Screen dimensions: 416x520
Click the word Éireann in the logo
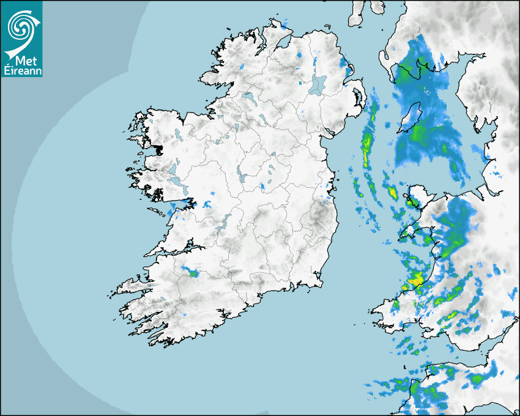[x=21, y=70]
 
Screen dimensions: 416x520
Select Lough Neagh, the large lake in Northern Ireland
[x=318, y=84]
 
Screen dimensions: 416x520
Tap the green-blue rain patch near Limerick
[x=192, y=272]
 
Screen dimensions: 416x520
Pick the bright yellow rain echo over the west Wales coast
[x=416, y=280]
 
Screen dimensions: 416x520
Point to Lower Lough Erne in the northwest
[x=248, y=97]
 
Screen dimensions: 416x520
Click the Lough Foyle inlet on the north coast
[x=283, y=43]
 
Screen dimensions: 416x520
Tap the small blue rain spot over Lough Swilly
[x=242, y=66]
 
